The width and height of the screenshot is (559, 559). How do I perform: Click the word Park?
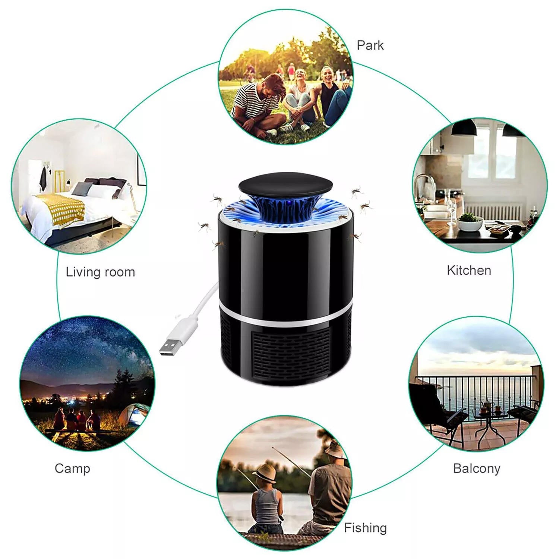(370, 45)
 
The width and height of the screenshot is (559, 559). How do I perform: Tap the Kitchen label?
(469, 270)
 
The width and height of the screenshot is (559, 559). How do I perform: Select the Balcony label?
(477, 469)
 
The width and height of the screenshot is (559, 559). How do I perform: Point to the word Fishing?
(365, 528)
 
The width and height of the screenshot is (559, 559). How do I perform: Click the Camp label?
(72, 469)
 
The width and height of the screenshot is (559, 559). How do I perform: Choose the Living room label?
(100, 272)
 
